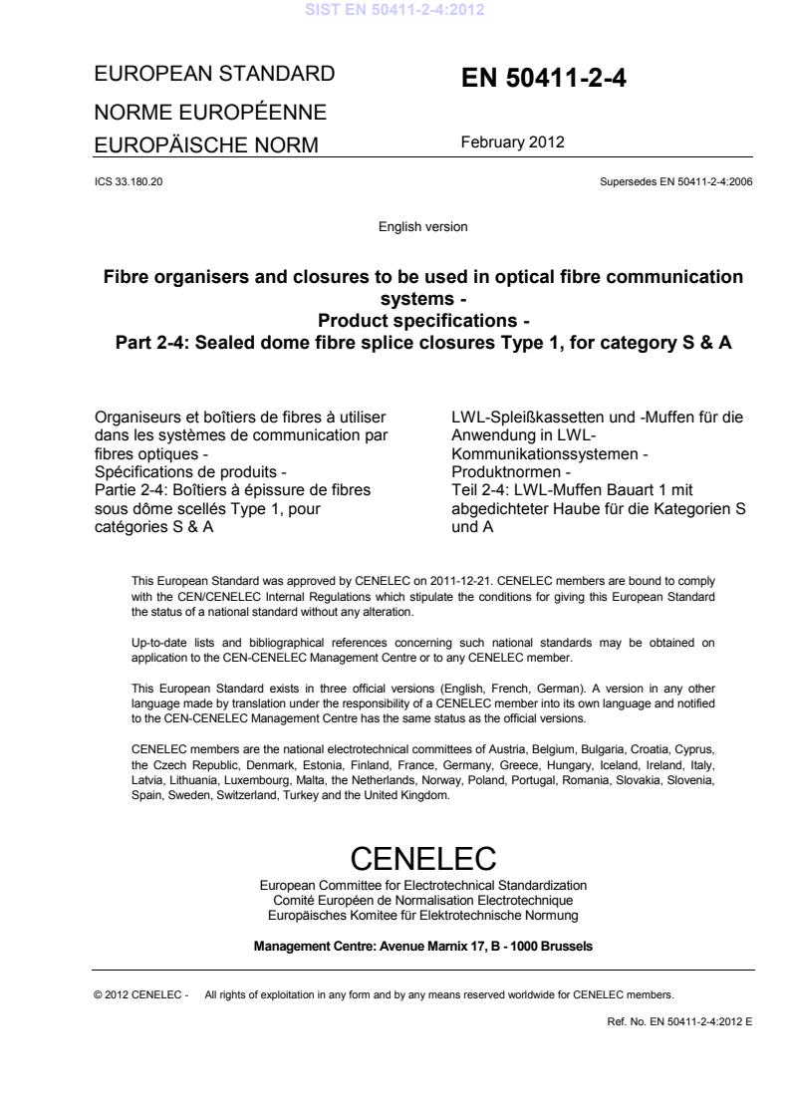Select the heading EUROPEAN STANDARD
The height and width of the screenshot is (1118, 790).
[x=213, y=75]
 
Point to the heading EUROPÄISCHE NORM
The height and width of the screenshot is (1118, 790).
[x=205, y=146]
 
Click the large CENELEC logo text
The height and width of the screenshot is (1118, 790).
[x=423, y=857]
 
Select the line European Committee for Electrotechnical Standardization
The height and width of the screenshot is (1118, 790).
[x=423, y=885]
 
